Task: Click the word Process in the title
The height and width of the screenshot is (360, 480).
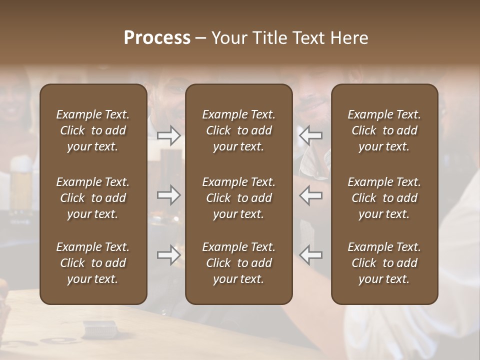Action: [x=157, y=38]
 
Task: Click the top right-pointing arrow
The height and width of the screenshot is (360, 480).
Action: [x=169, y=135]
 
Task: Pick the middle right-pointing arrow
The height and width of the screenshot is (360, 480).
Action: [x=169, y=195]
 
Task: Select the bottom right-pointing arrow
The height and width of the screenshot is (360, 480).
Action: [x=169, y=255]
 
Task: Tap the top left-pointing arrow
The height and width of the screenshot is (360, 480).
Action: [x=311, y=135]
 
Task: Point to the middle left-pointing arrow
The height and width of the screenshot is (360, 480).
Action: [x=311, y=195]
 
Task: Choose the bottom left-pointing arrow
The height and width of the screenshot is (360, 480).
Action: [x=311, y=255]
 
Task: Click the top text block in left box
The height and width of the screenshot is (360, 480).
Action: [x=93, y=130]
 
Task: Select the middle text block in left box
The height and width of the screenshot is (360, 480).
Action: [x=93, y=198]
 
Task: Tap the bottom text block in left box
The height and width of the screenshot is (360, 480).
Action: [x=93, y=263]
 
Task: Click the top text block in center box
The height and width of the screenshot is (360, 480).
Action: [x=239, y=130]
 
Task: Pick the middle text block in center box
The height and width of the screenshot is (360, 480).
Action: [x=239, y=198]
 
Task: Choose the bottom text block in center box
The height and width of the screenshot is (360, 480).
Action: [x=239, y=263]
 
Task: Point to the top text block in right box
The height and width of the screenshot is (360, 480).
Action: [x=384, y=130]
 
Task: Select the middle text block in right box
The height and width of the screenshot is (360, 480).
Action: [x=384, y=198]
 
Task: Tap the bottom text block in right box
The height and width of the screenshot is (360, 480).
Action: [x=384, y=263]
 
